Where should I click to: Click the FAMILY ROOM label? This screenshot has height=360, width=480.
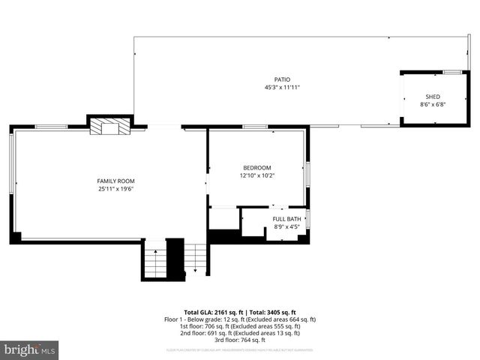[x=116, y=181]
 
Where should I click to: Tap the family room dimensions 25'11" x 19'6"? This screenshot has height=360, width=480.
[x=116, y=189]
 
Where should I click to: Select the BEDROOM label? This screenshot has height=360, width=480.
[x=257, y=167]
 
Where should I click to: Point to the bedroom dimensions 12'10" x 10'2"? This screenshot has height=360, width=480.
[x=257, y=175]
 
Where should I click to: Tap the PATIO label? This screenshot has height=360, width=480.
[x=281, y=79]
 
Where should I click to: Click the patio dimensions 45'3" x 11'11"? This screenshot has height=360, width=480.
[x=281, y=87]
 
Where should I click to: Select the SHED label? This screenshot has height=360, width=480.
[x=433, y=97]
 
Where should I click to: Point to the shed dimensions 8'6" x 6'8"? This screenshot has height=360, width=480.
[x=433, y=104]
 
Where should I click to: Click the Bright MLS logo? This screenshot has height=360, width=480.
[x=30, y=349]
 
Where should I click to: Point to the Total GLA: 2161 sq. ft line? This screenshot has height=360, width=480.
[x=240, y=312]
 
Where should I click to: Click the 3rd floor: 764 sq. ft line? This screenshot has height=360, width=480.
[x=240, y=340]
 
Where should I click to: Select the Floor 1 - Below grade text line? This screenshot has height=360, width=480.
[x=240, y=319]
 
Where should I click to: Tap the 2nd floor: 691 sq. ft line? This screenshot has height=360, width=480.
[x=240, y=333]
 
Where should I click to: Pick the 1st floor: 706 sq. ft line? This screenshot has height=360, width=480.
[x=240, y=326]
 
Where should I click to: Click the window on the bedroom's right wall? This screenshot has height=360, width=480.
[x=307, y=172]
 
